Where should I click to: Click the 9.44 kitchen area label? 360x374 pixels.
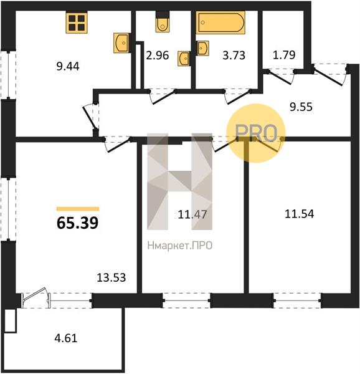68,66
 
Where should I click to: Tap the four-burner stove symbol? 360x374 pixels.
77,22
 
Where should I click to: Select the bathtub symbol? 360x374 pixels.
220,22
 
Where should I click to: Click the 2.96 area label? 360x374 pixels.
157,55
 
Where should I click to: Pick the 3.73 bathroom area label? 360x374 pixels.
234,55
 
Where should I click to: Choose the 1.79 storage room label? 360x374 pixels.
284,55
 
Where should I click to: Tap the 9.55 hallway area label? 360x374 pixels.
301,107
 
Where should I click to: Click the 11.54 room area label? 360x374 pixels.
299,214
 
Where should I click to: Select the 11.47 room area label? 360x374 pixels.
192,214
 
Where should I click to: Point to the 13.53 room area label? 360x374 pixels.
111,277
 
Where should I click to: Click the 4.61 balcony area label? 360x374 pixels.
66,338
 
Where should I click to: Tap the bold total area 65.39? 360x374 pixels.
78,223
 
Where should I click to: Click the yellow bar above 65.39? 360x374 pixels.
78,209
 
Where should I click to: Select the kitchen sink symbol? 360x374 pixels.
121,43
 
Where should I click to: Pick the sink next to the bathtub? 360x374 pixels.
203,49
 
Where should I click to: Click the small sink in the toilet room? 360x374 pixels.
184,59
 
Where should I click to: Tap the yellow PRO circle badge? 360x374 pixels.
255,133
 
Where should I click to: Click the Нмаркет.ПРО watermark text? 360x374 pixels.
180,246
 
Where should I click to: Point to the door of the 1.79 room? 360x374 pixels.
280,77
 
